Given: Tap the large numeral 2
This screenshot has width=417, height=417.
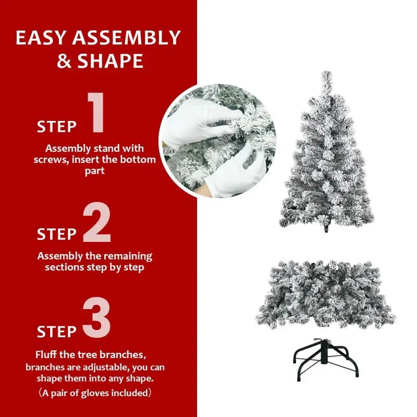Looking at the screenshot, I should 97,223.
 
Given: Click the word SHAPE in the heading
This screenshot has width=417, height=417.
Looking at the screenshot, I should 111,62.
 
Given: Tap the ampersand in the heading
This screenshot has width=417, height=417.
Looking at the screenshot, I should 65,62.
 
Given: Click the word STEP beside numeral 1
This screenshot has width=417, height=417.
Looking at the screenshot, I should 57,127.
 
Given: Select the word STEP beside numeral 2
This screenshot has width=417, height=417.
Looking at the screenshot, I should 57,235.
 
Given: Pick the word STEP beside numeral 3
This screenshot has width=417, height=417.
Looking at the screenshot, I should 57,332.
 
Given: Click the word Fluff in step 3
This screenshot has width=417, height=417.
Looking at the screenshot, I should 47,355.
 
